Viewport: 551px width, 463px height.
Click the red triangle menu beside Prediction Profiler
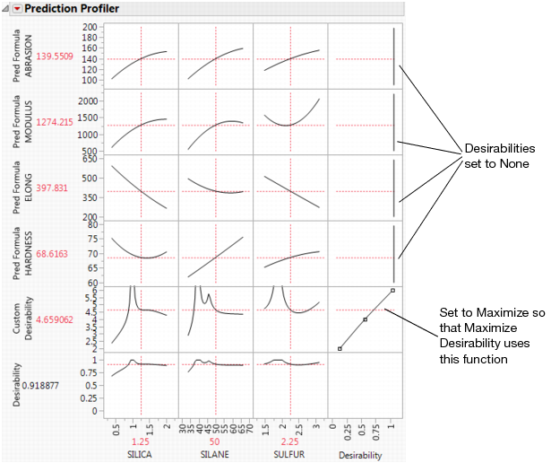tap(17, 8)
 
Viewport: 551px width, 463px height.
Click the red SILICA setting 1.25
tap(141, 442)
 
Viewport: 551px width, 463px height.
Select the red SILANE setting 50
tap(216, 442)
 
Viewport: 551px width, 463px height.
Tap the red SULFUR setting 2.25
tap(291, 442)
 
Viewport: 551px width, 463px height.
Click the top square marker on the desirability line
tap(392, 291)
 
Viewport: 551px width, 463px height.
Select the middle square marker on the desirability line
tap(365, 319)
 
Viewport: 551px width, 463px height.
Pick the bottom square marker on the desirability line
tap(339, 347)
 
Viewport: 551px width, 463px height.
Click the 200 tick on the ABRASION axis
tap(90, 27)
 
